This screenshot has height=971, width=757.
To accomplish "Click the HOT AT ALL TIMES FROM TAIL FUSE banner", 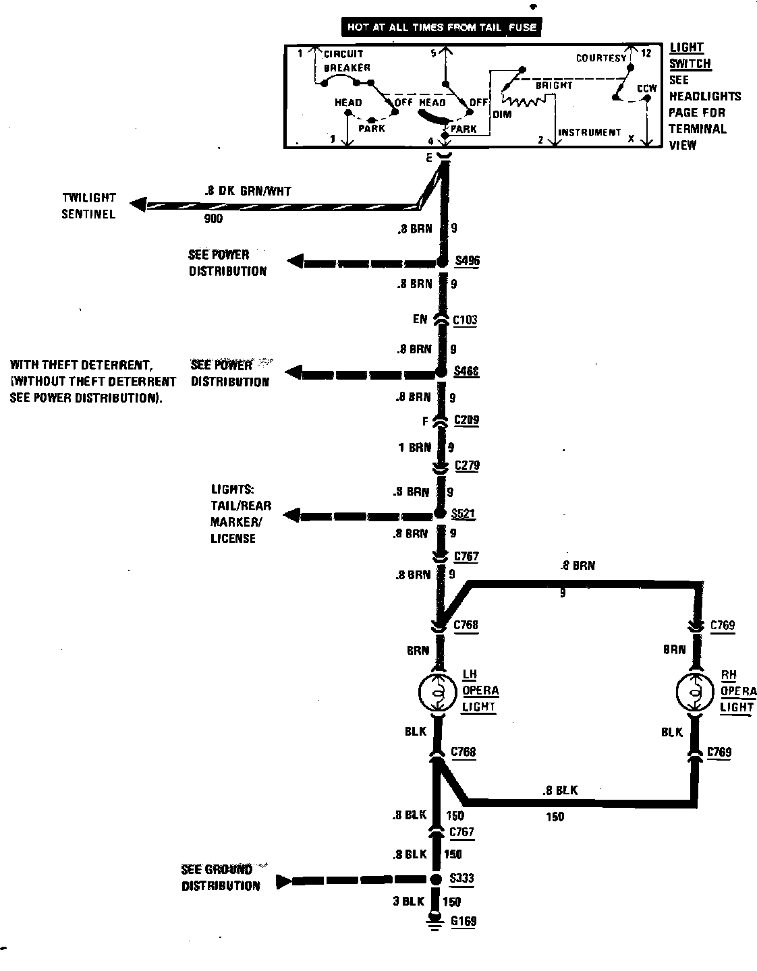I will (x=442, y=28).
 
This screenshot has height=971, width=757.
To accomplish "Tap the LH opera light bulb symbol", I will (x=439, y=691).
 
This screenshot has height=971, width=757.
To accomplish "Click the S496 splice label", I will (x=467, y=261).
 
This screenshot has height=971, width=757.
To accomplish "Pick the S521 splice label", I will (x=464, y=514).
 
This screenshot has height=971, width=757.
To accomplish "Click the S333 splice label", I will (x=461, y=879).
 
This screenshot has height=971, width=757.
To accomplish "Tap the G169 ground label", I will (x=463, y=921).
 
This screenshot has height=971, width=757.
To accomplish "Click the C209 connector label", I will (x=466, y=420).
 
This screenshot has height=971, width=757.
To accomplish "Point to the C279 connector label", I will (x=467, y=465).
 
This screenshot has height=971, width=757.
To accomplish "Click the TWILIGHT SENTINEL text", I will (x=89, y=206).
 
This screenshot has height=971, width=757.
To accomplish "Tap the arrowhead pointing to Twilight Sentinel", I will (x=138, y=204).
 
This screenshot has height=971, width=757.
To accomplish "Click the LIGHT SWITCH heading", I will (x=689, y=55).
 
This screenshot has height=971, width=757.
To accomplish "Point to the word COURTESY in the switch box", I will (x=601, y=58).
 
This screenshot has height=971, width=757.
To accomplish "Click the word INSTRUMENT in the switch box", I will (x=589, y=133).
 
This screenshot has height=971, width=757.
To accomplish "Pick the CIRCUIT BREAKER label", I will (x=346, y=61).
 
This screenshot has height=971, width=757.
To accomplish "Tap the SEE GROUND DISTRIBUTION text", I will (x=221, y=877).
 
